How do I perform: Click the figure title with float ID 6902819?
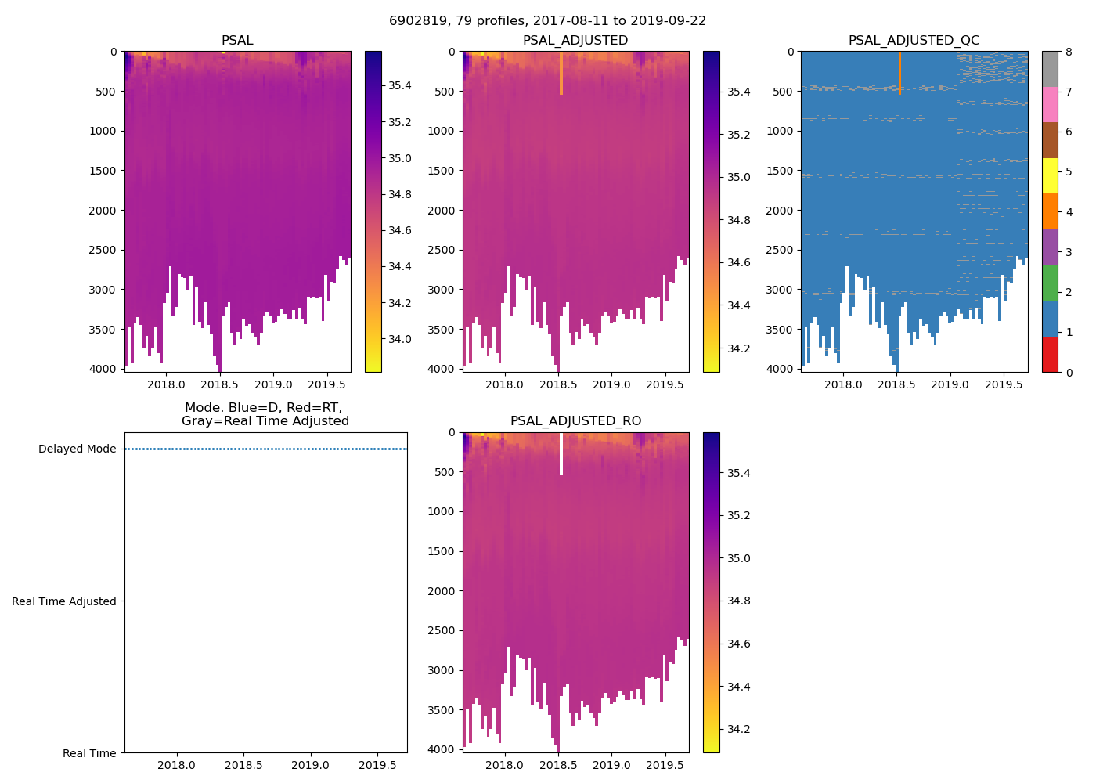(x=547, y=21)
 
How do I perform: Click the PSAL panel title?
(x=237, y=40)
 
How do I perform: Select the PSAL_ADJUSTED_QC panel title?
(x=914, y=40)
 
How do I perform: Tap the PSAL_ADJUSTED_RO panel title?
(x=575, y=421)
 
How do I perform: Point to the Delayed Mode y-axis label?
(x=77, y=449)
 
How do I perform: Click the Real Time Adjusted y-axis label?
(x=64, y=601)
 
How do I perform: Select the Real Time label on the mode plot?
(x=89, y=753)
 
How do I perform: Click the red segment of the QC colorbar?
(x=1050, y=354)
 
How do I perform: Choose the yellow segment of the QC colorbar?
(x=1050, y=175)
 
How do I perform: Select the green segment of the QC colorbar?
(x=1050, y=283)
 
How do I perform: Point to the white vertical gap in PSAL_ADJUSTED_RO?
(x=561, y=454)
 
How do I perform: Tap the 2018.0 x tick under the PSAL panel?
(x=166, y=385)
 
